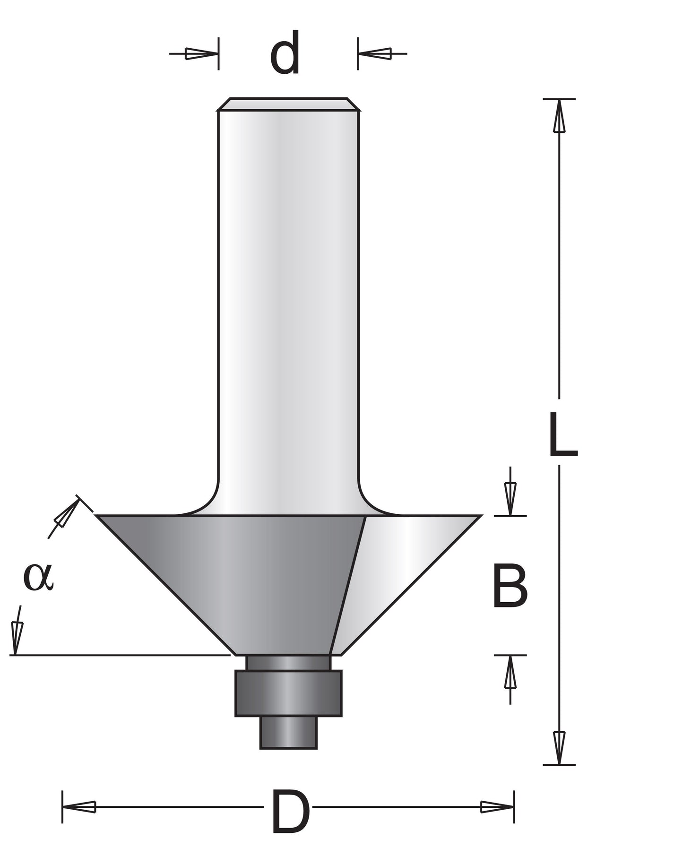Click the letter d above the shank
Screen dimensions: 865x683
(285, 53)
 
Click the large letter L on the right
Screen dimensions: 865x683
(562, 435)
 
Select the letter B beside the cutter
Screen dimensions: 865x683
(510, 586)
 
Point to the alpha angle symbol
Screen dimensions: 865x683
(39, 577)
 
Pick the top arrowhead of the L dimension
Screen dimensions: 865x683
(559, 118)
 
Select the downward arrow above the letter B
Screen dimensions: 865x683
(510, 499)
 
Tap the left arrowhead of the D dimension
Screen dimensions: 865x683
(80, 807)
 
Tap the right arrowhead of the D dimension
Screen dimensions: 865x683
(496, 807)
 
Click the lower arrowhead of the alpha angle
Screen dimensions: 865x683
(17, 636)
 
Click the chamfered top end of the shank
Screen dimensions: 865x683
(288, 104)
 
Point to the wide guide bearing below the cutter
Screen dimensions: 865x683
(288, 693)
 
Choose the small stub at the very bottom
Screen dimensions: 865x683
(288, 732)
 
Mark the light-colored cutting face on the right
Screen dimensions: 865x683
(402, 567)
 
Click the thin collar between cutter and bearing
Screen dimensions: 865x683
(288, 663)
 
